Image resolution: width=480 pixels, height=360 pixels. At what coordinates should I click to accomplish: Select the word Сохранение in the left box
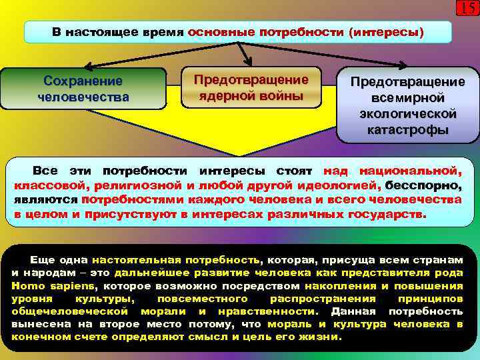(83, 81)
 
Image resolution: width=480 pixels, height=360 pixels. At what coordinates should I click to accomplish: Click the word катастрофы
(408, 129)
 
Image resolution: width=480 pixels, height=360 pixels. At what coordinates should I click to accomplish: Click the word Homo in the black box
(25, 285)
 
